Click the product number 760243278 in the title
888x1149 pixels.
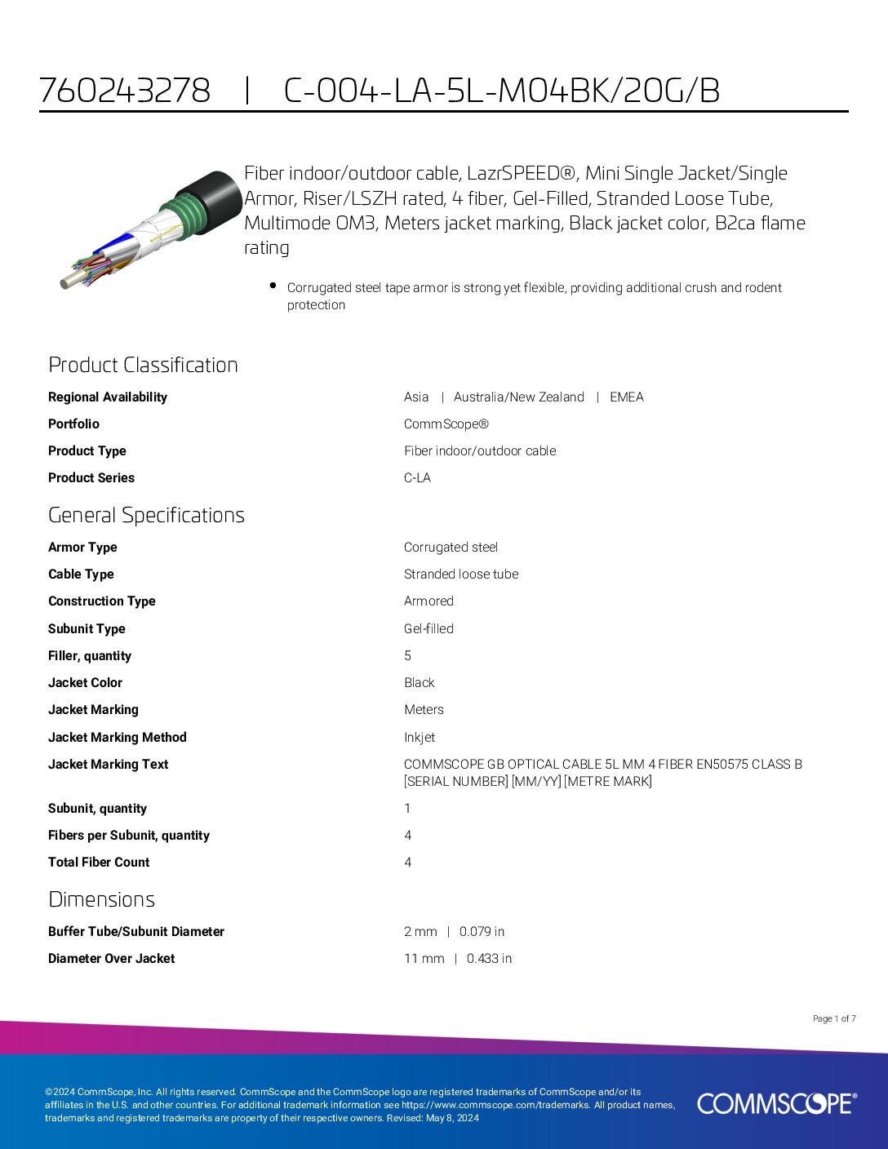(x=125, y=91)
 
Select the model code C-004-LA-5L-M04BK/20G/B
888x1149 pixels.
(x=501, y=91)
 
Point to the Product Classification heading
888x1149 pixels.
(x=143, y=365)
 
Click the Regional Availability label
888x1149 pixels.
(x=108, y=397)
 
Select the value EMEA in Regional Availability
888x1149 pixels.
(x=626, y=397)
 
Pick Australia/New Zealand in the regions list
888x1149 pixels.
(x=518, y=397)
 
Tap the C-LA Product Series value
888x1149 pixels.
(x=417, y=478)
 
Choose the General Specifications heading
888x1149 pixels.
(x=146, y=515)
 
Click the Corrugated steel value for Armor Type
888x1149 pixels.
(x=451, y=548)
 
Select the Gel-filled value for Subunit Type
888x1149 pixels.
(x=428, y=629)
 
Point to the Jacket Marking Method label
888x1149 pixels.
(x=118, y=738)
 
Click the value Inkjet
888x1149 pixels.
(x=420, y=738)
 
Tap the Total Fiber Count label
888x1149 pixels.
(x=99, y=863)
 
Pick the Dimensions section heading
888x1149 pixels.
(x=101, y=899)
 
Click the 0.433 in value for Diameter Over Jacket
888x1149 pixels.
(x=489, y=959)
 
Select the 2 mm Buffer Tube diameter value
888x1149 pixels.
(x=420, y=932)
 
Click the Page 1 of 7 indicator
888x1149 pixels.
(x=834, y=1018)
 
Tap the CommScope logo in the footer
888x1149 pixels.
(x=776, y=1103)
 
